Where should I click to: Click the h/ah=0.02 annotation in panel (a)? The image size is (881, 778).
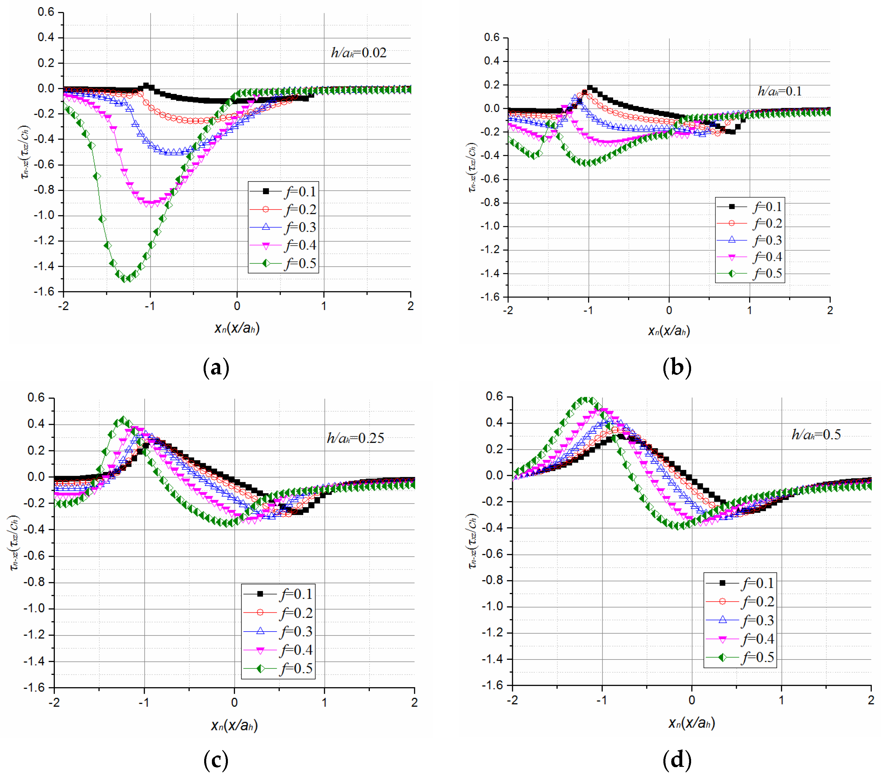(x=359, y=53)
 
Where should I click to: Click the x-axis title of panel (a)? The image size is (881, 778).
(x=237, y=328)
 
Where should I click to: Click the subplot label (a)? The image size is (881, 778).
(x=216, y=368)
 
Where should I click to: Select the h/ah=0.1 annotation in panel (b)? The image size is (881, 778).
(x=779, y=91)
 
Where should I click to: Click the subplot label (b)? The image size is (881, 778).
(x=677, y=368)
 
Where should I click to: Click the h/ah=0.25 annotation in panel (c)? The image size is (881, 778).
(x=355, y=438)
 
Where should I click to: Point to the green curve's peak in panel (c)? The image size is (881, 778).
(x=123, y=419)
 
